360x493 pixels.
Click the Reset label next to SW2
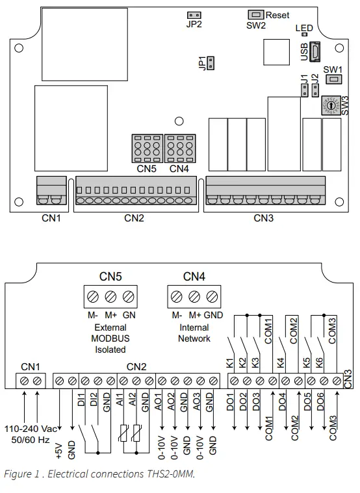click(x=278, y=15)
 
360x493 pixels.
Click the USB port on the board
click(x=314, y=51)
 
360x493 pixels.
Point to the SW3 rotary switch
click(x=331, y=103)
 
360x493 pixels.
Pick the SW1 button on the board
click(x=334, y=79)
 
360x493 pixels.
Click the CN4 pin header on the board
click(x=179, y=148)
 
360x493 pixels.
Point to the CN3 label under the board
click(x=263, y=218)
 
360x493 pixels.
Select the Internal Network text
click(x=194, y=333)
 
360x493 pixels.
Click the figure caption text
click(x=99, y=474)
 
